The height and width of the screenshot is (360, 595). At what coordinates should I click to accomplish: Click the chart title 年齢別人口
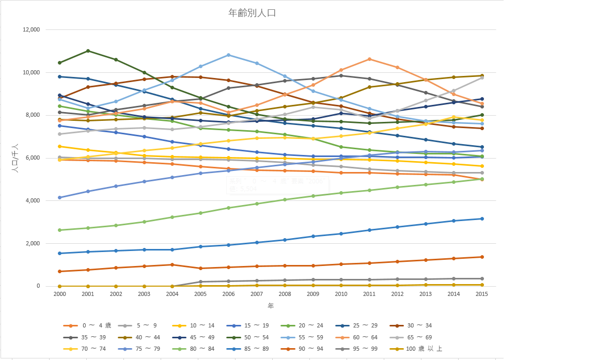pos(252,13)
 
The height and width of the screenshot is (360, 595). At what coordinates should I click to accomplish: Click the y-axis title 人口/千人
pos(15,158)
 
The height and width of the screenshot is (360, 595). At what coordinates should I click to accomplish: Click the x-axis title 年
pos(271,306)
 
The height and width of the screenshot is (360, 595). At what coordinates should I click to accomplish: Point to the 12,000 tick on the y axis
pos(32,30)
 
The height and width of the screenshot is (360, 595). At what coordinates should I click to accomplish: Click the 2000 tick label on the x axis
pos(59,293)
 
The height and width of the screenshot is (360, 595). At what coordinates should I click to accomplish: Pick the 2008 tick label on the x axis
pos(285,293)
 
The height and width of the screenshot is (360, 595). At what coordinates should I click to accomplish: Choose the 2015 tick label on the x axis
pos(481,293)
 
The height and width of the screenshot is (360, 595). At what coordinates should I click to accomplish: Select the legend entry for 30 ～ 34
pos(419,325)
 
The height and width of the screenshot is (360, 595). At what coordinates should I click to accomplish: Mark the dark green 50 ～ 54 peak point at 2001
pos(88,51)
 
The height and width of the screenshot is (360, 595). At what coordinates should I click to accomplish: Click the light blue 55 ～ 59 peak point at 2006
pos(228,55)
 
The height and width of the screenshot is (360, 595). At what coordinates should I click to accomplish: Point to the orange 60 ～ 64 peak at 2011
pos(369,59)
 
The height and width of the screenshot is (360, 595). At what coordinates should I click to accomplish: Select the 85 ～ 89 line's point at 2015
pos(481,218)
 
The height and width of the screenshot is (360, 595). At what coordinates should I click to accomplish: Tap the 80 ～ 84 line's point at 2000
pos(59,230)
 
